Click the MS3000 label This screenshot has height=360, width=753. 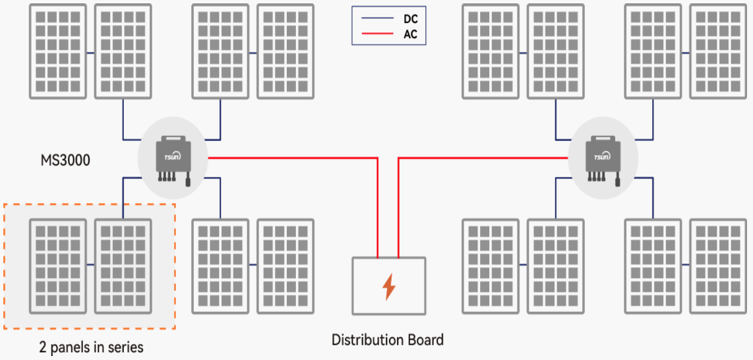point(65,160)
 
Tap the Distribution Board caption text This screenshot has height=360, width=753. point(388,340)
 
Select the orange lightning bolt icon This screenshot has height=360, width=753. point(389,286)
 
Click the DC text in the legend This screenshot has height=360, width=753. point(410,20)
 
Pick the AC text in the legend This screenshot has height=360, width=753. point(410,34)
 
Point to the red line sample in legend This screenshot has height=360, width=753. point(376,34)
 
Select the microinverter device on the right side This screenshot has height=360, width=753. point(603,157)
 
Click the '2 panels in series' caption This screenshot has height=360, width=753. point(91,347)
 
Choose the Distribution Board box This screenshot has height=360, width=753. point(388,285)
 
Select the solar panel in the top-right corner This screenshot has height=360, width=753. point(719,51)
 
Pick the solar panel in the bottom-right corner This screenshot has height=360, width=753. point(719,266)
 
